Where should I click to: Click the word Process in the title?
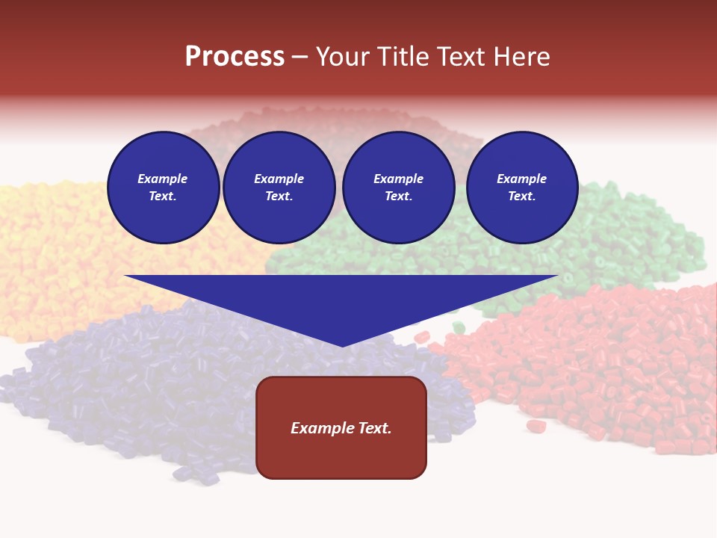[x=235, y=57]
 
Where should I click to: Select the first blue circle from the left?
[x=163, y=188]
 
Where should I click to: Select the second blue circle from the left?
[x=279, y=188]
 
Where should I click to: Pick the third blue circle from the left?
[x=398, y=188]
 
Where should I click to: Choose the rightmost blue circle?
[x=522, y=188]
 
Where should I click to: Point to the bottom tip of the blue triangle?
[x=342, y=344]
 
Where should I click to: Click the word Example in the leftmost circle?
[x=163, y=179]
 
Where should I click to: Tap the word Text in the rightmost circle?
[x=521, y=197]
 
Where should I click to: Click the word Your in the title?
[x=341, y=57]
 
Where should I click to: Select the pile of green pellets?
[x=635, y=239]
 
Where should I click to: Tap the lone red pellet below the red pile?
[x=536, y=426]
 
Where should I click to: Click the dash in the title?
[x=299, y=57]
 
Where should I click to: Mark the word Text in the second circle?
[x=278, y=197]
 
